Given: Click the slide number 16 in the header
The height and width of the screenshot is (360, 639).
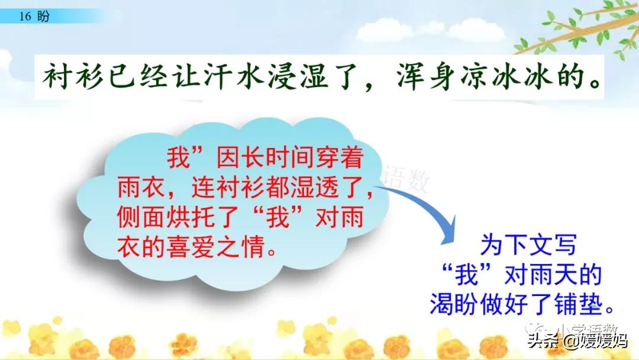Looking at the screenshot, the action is tap(25, 17).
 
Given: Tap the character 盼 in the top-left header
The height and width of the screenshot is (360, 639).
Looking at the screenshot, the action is tap(43, 17).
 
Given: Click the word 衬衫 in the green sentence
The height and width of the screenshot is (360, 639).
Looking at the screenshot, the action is tap(73, 76).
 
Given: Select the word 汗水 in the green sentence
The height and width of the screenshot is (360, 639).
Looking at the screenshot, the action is tap(234, 76).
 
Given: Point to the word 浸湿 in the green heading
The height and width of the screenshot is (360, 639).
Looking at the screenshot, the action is tap(298, 76).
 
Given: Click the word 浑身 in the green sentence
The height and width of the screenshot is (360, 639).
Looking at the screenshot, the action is tap(426, 76).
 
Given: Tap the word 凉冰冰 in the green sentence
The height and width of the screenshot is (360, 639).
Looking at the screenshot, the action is tap(506, 76).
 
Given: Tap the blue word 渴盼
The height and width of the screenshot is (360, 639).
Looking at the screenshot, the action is tap(454, 304).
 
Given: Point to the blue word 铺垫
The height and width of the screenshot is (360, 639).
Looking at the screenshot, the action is tap(578, 304).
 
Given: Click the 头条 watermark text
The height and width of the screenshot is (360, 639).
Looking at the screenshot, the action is tap(543, 340).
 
